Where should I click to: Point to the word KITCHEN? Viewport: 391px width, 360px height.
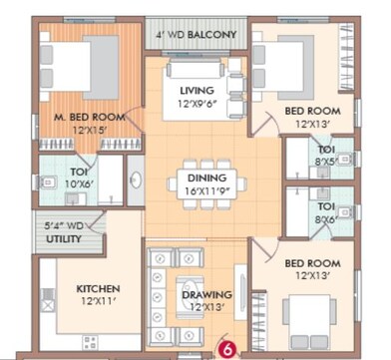point(99,289)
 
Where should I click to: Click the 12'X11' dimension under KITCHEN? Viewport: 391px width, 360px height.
point(99,302)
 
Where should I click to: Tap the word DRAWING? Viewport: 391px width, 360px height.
point(207,295)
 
